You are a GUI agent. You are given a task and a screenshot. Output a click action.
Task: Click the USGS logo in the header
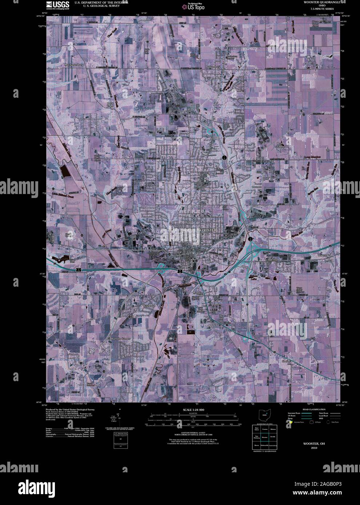tap(57, 5)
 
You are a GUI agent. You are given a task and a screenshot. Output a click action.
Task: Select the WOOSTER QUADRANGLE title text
tap(320, 2)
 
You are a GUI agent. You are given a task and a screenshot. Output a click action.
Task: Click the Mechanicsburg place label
tap(75, 65)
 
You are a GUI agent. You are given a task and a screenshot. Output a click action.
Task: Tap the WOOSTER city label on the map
tap(208, 230)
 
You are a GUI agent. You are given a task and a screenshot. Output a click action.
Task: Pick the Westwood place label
tap(149, 306)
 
